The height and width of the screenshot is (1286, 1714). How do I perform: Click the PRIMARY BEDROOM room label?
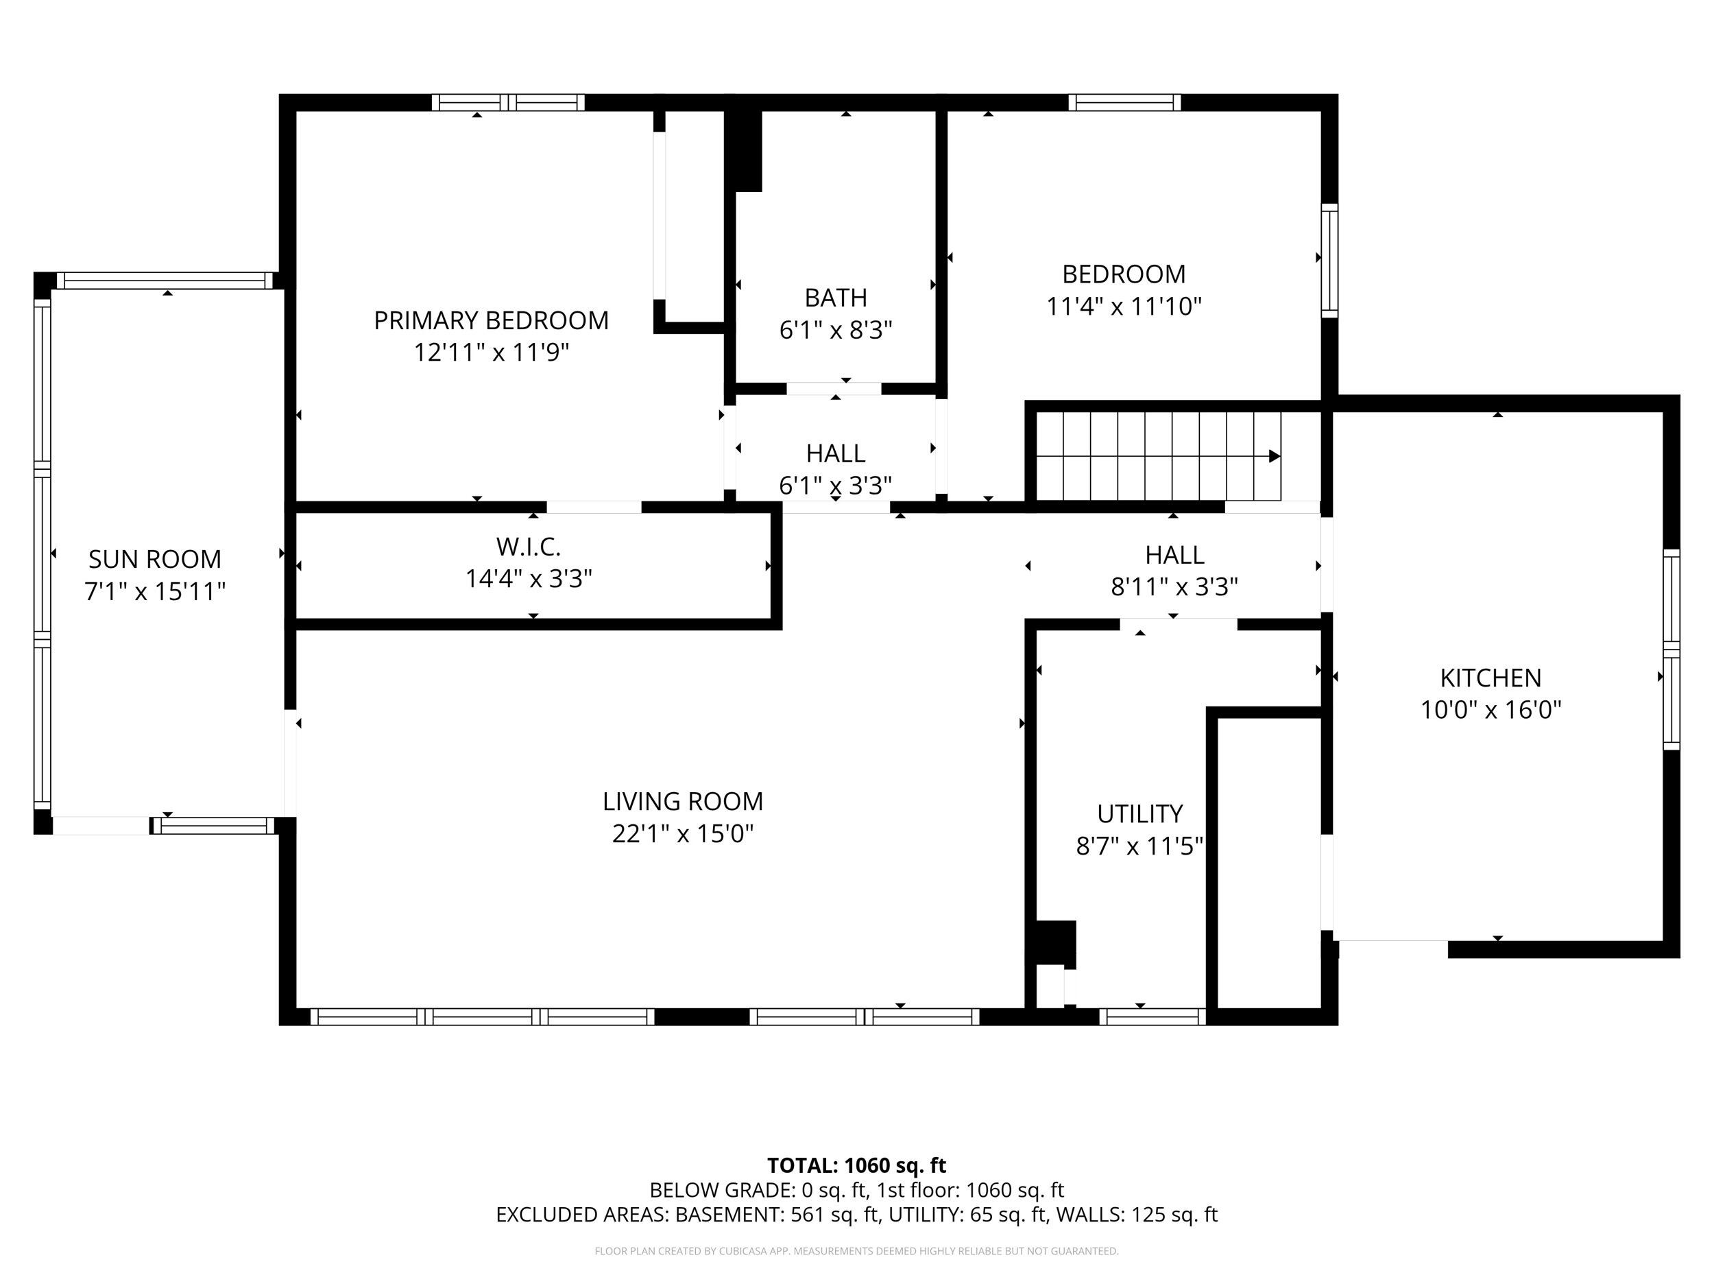492,320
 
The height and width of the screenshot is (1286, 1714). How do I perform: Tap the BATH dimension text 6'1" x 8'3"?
835,330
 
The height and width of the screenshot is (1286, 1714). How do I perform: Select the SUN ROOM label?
155,559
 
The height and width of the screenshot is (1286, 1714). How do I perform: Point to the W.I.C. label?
529,547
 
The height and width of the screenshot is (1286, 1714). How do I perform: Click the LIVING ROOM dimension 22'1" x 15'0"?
683,833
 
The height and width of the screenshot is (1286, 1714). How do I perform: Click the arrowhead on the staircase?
1275,457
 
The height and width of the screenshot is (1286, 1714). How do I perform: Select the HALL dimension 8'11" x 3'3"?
1174,587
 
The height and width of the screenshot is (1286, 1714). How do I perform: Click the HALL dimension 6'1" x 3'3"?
835,486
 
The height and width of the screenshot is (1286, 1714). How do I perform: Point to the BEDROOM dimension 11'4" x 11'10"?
1124,306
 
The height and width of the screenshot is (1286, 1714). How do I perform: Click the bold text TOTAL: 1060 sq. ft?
857,1165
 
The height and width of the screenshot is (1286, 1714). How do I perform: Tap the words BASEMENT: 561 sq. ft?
778,1214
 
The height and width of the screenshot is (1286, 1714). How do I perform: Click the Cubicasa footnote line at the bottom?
857,1250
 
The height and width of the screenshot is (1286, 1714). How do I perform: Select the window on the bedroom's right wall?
1329,261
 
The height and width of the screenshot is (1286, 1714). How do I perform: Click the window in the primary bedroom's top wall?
508,102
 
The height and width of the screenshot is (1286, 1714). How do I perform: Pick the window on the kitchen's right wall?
1672,649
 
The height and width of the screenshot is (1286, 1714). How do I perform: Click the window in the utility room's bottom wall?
1152,1016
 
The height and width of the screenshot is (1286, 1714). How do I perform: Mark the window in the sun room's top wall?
165,281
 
